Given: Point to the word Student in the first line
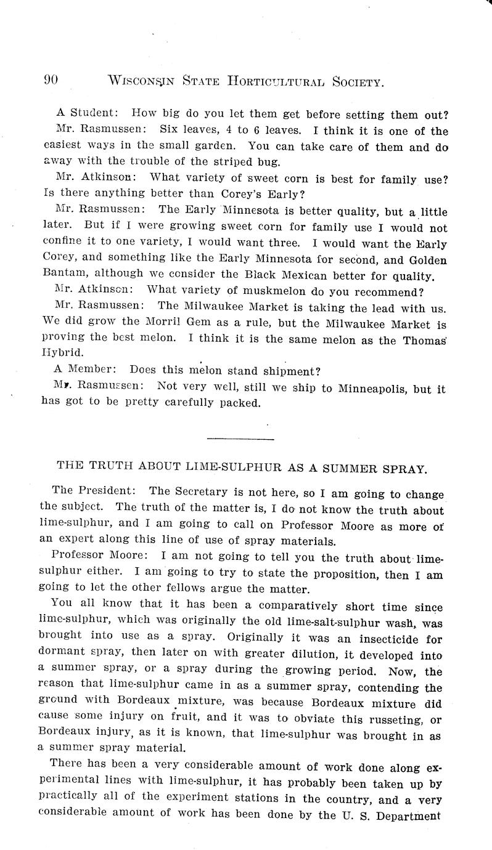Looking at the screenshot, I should click(x=90, y=115).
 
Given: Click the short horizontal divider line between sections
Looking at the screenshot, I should click(x=240, y=439).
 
